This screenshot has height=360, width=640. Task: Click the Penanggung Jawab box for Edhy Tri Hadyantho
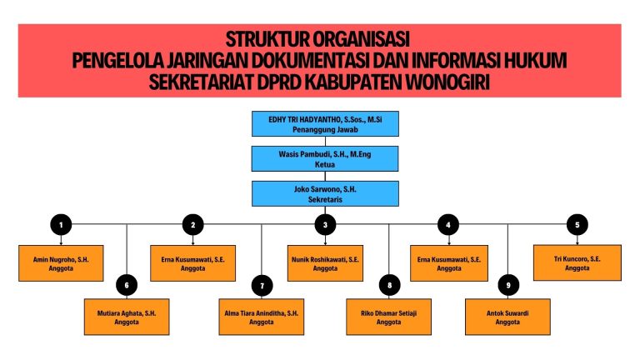tap(325, 124)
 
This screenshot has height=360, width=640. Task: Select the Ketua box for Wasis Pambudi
tap(325, 158)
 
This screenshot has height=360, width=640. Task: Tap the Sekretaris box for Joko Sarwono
tap(325, 193)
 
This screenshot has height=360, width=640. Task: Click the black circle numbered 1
tap(60, 224)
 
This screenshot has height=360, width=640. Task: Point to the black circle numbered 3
tap(325, 224)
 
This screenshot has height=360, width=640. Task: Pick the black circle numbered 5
tap(577, 224)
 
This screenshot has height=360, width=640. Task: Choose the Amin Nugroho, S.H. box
tap(59, 263)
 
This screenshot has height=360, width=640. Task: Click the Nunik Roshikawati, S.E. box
tap(325, 263)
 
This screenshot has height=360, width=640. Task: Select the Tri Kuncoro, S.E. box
tap(577, 262)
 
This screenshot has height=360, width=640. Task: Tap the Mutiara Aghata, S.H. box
tap(127, 317)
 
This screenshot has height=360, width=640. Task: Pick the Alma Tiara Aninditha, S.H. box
tap(262, 317)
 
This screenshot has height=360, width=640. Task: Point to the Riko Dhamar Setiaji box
tap(389, 317)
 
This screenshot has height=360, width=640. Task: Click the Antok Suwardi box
tap(508, 317)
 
